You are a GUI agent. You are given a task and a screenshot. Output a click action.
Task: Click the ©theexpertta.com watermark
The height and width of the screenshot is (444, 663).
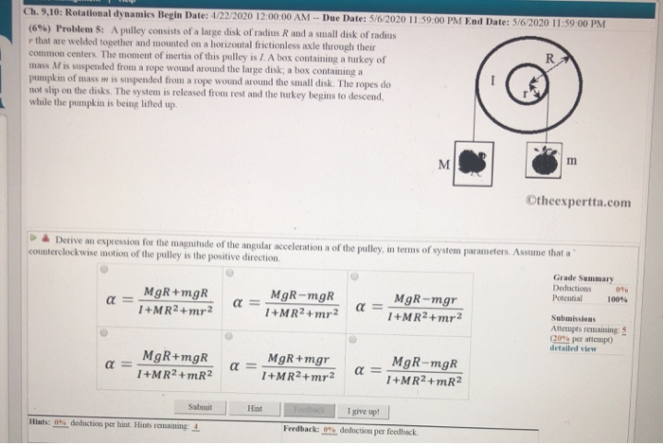[581, 201]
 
